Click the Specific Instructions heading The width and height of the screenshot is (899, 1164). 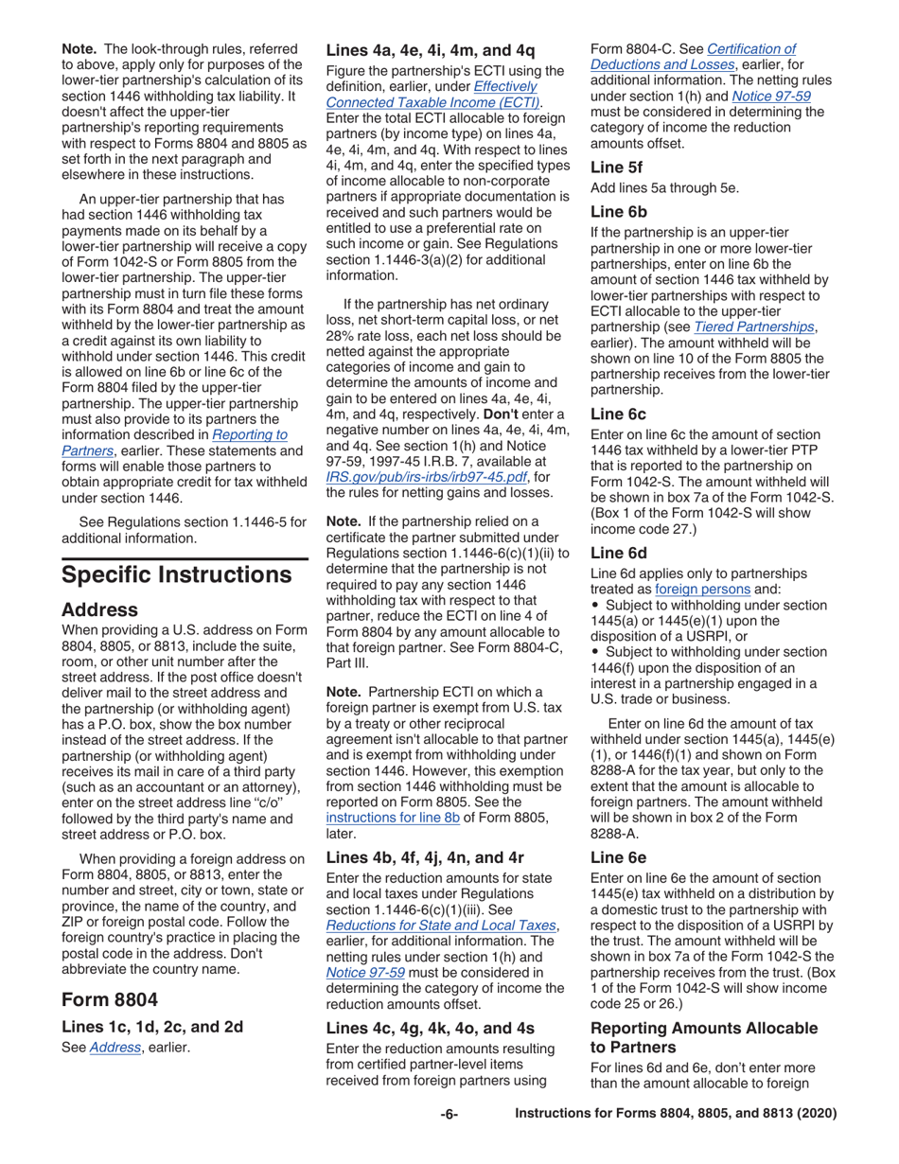(x=176, y=574)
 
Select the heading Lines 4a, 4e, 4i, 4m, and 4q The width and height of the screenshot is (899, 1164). (x=431, y=50)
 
